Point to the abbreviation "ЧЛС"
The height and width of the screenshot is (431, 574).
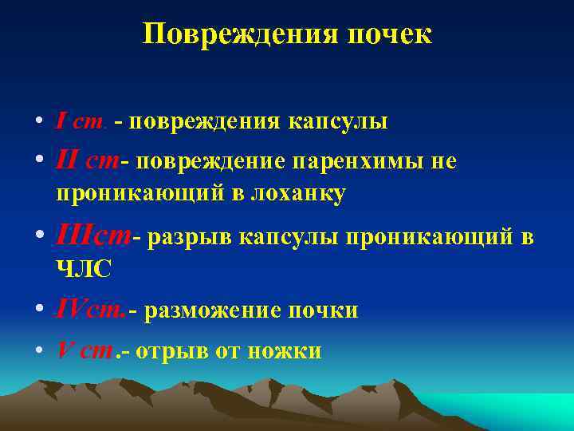(x=84, y=270)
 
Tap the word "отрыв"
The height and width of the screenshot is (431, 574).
(x=170, y=350)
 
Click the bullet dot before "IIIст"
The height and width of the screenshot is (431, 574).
(x=38, y=237)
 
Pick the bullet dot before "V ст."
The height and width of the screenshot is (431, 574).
(x=38, y=350)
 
